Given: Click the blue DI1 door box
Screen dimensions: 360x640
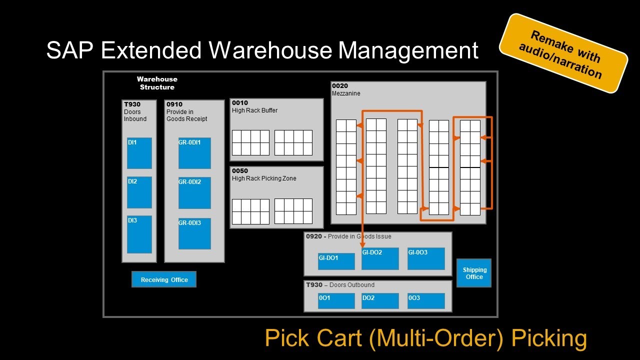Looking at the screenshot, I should [x=139, y=153].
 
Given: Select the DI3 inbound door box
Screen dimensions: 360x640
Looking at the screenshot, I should [x=139, y=234].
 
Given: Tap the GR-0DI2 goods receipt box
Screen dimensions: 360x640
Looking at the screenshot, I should [x=194, y=193].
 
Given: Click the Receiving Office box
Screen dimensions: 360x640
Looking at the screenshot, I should [x=164, y=279].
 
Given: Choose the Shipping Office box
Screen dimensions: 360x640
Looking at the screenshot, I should [x=474, y=273].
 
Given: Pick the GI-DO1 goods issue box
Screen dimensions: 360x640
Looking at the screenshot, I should [x=336, y=261].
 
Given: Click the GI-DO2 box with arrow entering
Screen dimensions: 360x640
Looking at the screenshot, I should [x=380, y=258].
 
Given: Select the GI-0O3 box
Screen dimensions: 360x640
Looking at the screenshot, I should [x=426, y=258].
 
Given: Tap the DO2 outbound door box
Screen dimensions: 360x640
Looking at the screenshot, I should [x=380, y=301].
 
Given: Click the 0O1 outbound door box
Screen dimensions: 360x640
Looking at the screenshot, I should [x=336, y=301].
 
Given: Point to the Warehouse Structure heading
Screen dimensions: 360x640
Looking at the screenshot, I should [x=157, y=83].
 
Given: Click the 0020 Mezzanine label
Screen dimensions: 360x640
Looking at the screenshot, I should [x=346, y=90].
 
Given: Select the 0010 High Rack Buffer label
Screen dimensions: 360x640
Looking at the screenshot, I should [x=254, y=107].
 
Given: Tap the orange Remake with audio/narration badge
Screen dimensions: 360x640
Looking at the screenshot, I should [x=563, y=54].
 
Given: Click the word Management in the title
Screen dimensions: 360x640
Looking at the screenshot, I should [x=408, y=50].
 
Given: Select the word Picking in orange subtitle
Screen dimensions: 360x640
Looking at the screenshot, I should [x=549, y=338].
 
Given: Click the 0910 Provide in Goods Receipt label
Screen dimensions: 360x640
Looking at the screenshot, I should [x=186, y=112].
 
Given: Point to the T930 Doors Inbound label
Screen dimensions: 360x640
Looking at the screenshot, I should [x=135, y=112].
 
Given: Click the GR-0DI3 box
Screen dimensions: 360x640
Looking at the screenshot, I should [x=194, y=233].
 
